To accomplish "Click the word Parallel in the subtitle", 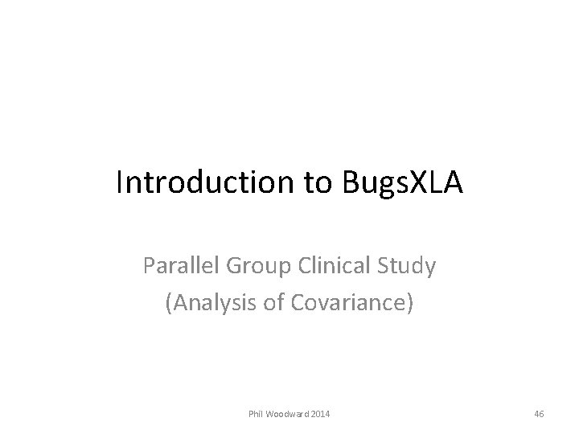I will tap(178, 266).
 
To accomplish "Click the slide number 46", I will tap(539, 414).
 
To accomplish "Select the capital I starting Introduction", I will tap(119, 183).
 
